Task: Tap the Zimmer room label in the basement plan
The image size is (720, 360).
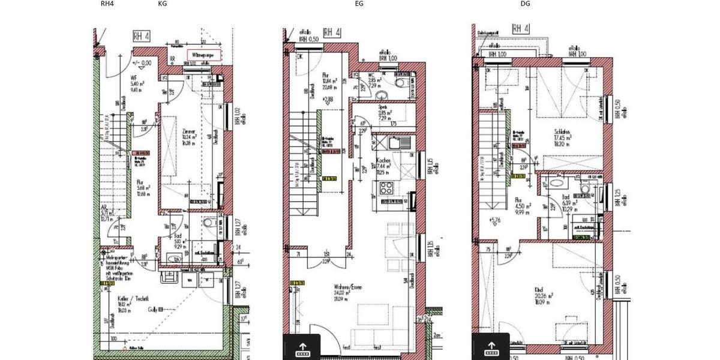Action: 188,131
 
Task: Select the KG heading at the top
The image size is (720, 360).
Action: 163,4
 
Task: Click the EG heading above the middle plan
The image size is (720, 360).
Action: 359,4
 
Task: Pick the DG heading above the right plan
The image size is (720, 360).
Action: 525,4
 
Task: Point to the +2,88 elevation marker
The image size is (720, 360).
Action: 327,99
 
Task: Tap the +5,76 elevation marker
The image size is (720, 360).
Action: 495,220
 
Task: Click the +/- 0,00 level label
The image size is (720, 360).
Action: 142,62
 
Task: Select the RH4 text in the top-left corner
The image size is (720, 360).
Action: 107,4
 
